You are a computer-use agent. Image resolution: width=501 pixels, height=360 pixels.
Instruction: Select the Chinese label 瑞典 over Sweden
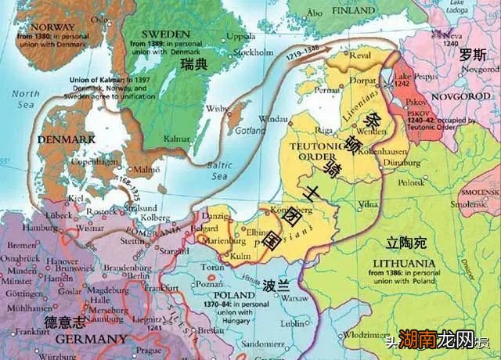(193, 64)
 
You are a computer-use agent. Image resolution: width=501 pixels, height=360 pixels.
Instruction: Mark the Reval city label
(358, 56)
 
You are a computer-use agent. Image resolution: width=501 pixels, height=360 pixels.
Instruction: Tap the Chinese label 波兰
(272, 285)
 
